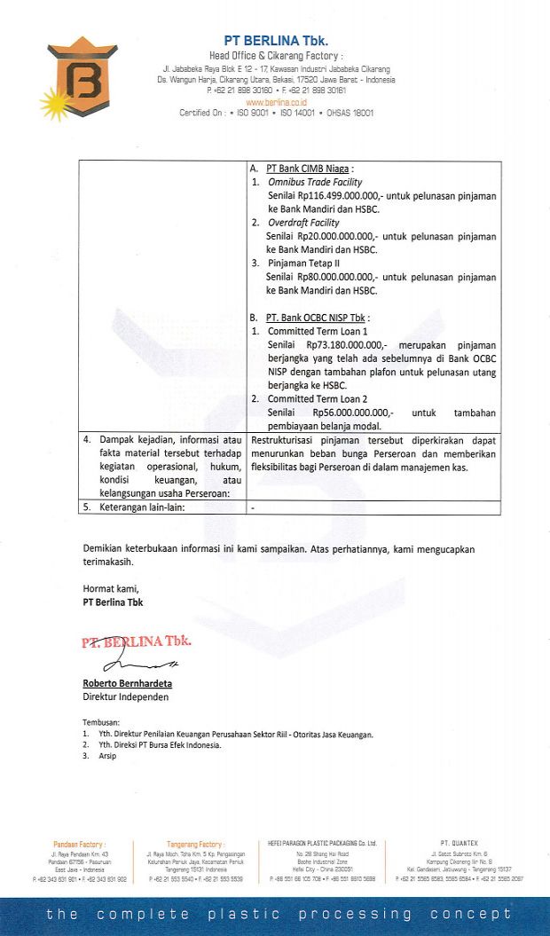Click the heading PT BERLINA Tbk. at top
coord(275,41)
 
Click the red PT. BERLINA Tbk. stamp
coord(137,641)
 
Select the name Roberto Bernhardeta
coord(127,684)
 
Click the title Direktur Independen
coord(125,696)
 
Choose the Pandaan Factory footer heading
coord(79,845)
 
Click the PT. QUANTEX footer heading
coord(459,842)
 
